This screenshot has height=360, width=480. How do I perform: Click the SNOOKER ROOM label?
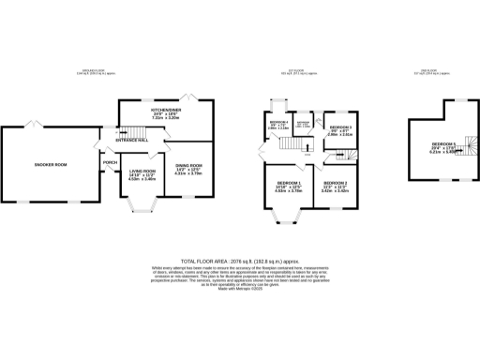click(52, 165)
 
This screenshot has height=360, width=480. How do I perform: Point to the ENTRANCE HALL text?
click(133, 139)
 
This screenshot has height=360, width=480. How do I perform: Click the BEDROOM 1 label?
click(288, 184)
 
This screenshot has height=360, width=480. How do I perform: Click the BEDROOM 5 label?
click(444, 146)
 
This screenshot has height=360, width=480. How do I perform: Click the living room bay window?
click(142, 207)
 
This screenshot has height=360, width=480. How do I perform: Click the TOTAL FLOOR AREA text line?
click(239, 262)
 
